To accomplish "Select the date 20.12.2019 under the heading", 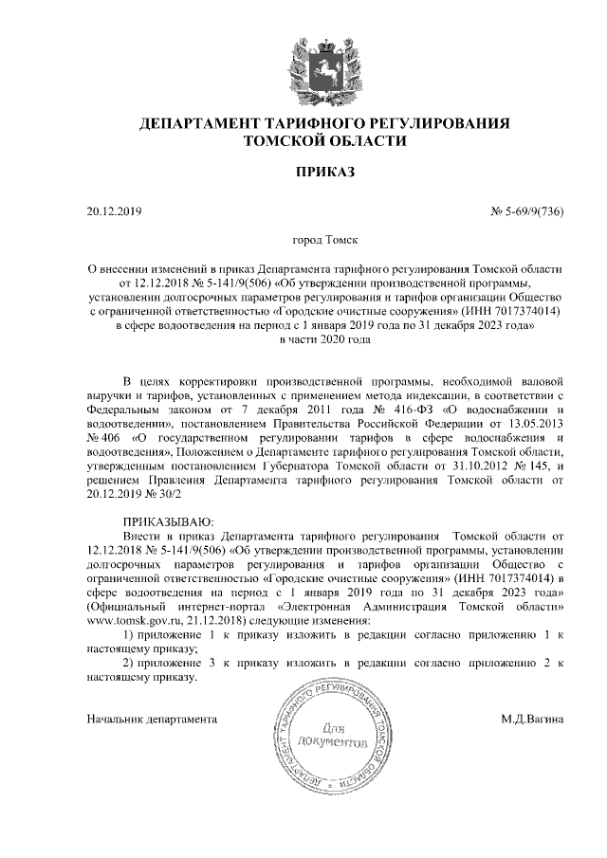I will tap(113, 210).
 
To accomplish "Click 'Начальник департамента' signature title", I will tap(153, 720).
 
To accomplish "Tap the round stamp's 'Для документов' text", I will tap(330, 735).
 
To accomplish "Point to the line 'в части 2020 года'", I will tap(324, 338).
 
